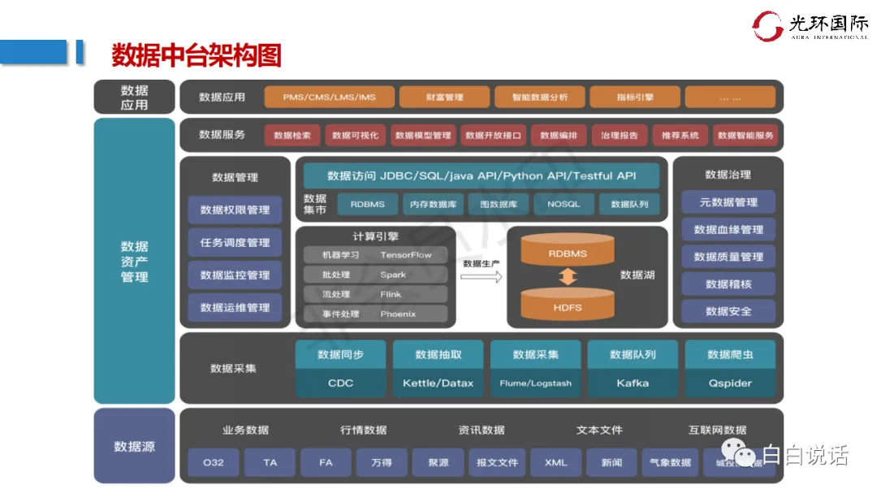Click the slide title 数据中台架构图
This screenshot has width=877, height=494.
(x=196, y=55)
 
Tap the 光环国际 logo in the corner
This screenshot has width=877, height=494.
(x=809, y=25)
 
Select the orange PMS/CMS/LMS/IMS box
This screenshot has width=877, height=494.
(x=329, y=97)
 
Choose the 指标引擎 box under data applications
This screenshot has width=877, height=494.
(x=633, y=97)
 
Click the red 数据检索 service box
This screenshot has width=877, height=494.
(x=292, y=136)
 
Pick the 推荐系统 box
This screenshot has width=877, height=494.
(x=680, y=136)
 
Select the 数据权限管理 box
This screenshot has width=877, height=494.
(x=235, y=210)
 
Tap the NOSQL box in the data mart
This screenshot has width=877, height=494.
(x=564, y=204)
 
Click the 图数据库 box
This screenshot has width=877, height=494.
(x=499, y=204)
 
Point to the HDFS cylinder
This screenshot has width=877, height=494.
(x=568, y=307)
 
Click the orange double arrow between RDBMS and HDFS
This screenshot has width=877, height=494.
(x=568, y=276)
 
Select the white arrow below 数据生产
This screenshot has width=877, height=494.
(x=482, y=277)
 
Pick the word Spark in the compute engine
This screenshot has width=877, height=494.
(x=393, y=275)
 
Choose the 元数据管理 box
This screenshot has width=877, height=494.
(x=728, y=202)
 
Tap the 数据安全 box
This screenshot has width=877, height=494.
(x=728, y=310)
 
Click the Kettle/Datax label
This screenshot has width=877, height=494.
(x=438, y=383)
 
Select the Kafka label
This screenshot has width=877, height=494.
(x=633, y=383)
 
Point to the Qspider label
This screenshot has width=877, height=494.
(x=730, y=383)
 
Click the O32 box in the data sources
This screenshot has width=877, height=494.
(x=214, y=462)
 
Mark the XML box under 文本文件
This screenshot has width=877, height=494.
(x=556, y=462)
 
